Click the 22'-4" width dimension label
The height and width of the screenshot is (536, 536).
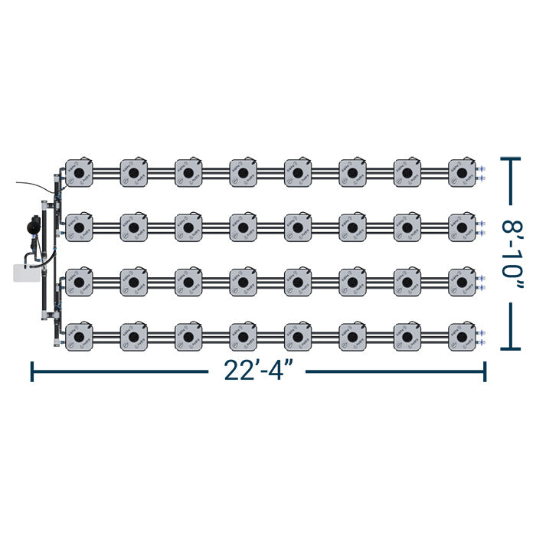(257, 371)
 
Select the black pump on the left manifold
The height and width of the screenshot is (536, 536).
(33, 226)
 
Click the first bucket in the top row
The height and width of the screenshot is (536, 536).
(79, 173)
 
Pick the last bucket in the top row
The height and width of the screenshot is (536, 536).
(462, 173)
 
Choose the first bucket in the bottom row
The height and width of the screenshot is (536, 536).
(79, 336)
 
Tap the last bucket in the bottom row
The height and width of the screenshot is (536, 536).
(462, 336)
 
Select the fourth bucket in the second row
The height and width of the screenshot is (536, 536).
(243, 227)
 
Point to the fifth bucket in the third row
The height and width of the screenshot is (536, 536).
(298, 282)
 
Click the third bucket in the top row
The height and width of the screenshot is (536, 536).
(188, 173)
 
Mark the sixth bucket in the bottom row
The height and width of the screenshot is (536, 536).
(352, 336)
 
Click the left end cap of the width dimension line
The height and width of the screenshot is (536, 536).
(31, 371)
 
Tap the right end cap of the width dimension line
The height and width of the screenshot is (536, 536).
(484, 371)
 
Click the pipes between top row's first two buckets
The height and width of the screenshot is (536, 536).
(106, 173)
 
